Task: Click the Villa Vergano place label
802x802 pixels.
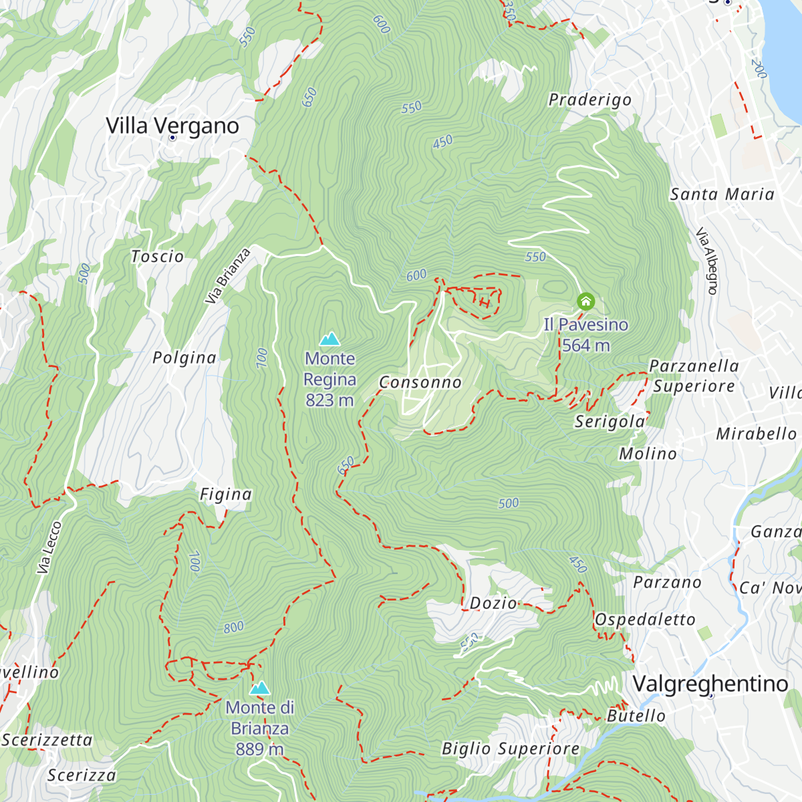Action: click(x=172, y=125)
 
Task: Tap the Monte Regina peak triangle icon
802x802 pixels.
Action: click(x=329, y=340)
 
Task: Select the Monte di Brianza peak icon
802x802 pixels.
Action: click(x=259, y=688)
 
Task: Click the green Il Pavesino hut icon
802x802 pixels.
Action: click(x=585, y=301)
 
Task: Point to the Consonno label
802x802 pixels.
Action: click(x=420, y=382)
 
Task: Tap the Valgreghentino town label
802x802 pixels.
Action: click(x=710, y=684)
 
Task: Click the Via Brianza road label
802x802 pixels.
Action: click(x=228, y=276)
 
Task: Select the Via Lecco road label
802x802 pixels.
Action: click(x=49, y=547)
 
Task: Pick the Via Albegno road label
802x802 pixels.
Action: click(x=707, y=261)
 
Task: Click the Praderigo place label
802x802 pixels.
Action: click(x=589, y=100)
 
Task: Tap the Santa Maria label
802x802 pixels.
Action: click(x=722, y=194)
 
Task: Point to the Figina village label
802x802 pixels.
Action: click(x=225, y=495)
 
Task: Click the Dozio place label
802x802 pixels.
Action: click(x=493, y=603)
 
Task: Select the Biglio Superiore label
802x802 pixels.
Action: click(x=510, y=749)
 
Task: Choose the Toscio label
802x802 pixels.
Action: click(x=157, y=257)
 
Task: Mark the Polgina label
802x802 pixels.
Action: click(x=184, y=358)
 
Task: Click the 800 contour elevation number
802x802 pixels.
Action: click(x=234, y=628)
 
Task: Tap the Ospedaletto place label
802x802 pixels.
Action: click(x=645, y=620)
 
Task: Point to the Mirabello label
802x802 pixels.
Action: click(x=756, y=434)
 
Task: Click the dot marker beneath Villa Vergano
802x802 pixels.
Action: click(x=172, y=138)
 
